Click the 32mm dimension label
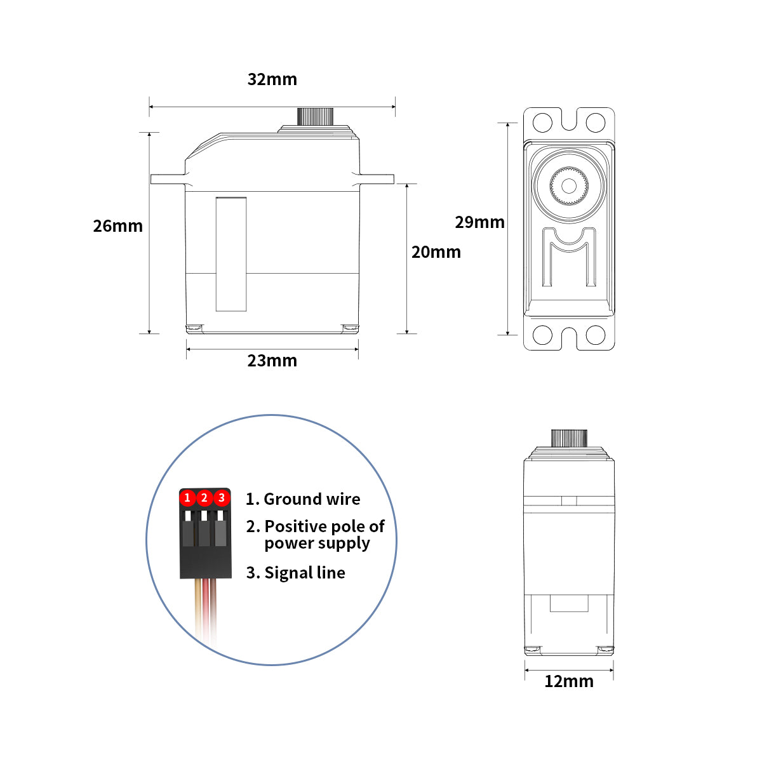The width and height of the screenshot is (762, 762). click(x=272, y=79)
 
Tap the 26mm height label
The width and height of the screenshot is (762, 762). click(x=117, y=226)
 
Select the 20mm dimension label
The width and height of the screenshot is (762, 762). click(x=436, y=252)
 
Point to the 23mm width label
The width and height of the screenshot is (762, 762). click(x=272, y=361)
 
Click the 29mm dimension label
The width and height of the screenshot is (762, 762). click(x=479, y=222)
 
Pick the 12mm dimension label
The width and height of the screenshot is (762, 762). click(x=568, y=681)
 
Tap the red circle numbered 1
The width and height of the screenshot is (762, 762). click(x=187, y=498)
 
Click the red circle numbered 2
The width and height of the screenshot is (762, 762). click(x=204, y=498)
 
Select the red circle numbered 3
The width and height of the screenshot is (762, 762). click(x=221, y=498)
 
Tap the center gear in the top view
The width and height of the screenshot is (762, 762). click(x=569, y=185)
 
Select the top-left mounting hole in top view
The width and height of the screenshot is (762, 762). click(x=542, y=122)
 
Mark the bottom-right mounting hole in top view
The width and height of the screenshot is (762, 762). click(x=596, y=335)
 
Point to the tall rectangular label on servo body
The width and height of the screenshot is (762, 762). click(x=231, y=254)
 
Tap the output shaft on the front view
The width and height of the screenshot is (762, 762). click(x=568, y=438)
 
